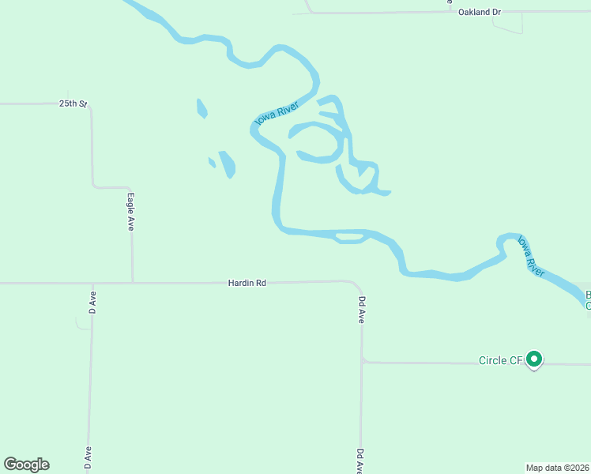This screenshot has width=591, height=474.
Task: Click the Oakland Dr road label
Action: (x=480, y=13)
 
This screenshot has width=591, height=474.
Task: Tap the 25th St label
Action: (x=72, y=103)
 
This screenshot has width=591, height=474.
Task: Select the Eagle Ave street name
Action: (x=131, y=212)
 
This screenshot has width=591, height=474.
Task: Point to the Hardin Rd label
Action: (x=247, y=282)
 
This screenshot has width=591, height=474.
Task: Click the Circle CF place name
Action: (x=500, y=361)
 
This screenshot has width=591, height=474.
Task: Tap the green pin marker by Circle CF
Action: (x=534, y=360)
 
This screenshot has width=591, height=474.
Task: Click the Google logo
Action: (x=26, y=465)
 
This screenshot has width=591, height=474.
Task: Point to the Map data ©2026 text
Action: (x=558, y=467)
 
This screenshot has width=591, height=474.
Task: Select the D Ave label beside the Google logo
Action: (x=88, y=461)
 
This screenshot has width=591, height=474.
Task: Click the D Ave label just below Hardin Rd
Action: (x=92, y=303)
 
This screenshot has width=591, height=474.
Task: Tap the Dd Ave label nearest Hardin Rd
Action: (x=361, y=310)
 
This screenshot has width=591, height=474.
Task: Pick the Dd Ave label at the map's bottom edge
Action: (x=360, y=461)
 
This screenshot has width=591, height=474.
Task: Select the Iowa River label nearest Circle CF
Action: (x=531, y=255)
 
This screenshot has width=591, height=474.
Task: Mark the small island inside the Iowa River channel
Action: (x=348, y=236)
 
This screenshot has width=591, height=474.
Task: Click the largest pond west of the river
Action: (x=227, y=164)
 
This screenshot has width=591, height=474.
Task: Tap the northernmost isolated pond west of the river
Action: (x=201, y=108)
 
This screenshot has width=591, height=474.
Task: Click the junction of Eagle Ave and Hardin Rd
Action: (x=132, y=282)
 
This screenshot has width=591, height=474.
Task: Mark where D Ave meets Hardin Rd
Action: (x=92, y=283)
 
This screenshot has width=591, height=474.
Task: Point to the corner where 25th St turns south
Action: (x=90, y=106)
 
